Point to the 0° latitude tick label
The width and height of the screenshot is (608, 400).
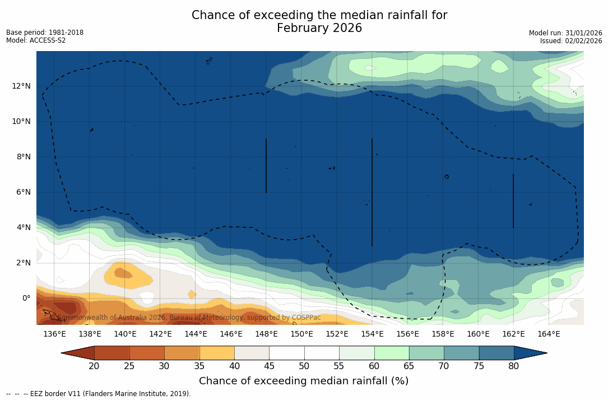[26, 298]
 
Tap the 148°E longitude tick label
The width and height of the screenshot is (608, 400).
[266, 334]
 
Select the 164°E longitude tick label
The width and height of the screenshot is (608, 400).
[549, 334]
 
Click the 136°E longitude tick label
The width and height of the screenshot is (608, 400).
[54, 334]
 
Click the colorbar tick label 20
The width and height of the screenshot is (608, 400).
[94, 366]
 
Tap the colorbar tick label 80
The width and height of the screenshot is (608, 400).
[513, 366]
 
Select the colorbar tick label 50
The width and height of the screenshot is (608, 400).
[304, 366]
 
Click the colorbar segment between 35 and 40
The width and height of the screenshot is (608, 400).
[217, 353]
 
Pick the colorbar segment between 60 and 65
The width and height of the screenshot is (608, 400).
[392, 353]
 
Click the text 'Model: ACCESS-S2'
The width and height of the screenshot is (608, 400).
[36, 40]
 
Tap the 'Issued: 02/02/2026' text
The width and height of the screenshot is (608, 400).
[571, 41]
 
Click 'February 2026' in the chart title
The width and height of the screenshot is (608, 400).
[319, 28]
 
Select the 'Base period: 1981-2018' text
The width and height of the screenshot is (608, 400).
[45, 33]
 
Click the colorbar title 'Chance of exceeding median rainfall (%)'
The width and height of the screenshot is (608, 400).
[304, 381]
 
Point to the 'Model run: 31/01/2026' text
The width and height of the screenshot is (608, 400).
[565, 33]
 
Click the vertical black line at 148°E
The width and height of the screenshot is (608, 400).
[266, 165]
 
